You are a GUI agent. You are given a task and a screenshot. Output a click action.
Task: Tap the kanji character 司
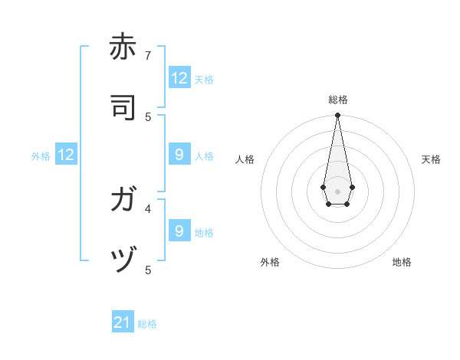click(x=123, y=108)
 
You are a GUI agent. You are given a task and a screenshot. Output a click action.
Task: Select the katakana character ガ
click(x=123, y=200)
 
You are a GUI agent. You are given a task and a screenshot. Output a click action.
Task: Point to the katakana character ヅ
click(x=123, y=261)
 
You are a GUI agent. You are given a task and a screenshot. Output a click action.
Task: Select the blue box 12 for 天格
click(x=179, y=78)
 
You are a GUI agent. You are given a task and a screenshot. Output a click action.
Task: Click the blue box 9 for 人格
click(x=179, y=155)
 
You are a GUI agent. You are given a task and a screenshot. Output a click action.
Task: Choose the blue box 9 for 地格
click(x=179, y=231)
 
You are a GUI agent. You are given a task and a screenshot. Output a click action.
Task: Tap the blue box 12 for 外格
click(x=66, y=155)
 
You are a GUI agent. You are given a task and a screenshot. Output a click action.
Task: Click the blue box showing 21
click(x=123, y=322)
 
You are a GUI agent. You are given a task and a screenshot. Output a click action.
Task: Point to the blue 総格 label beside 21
click(x=148, y=324)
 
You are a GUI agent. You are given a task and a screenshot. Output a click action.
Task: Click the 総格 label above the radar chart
click(x=337, y=100)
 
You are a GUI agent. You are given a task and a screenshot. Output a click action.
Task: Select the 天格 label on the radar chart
click(x=431, y=159)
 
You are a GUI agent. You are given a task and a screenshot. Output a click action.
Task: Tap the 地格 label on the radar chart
click(x=402, y=262)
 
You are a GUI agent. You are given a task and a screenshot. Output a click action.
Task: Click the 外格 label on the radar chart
click(x=270, y=262)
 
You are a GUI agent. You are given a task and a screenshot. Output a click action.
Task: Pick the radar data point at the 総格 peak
click(x=337, y=116)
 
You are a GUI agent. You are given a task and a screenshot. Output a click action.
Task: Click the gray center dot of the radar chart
click(x=337, y=190)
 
